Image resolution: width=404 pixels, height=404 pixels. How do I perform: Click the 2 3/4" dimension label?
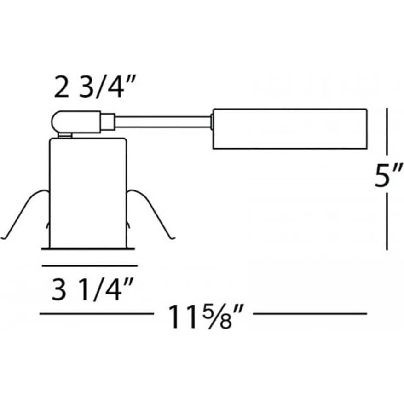(x=89, y=87)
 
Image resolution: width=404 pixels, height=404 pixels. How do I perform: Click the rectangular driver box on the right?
(x=289, y=129)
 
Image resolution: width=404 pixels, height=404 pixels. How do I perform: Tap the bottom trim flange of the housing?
(x=88, y=249)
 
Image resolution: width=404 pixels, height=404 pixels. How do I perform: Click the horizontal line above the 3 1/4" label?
(x=89, y=265)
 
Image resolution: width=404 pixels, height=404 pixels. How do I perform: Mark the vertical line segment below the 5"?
(x=387, y=221)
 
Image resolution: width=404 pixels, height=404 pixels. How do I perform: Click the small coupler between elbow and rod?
(x=108, y=121)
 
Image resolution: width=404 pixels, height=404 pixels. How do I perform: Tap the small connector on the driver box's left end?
(x=211, y=121)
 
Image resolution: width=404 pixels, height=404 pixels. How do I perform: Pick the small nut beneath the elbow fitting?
(x=65, y=135)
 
